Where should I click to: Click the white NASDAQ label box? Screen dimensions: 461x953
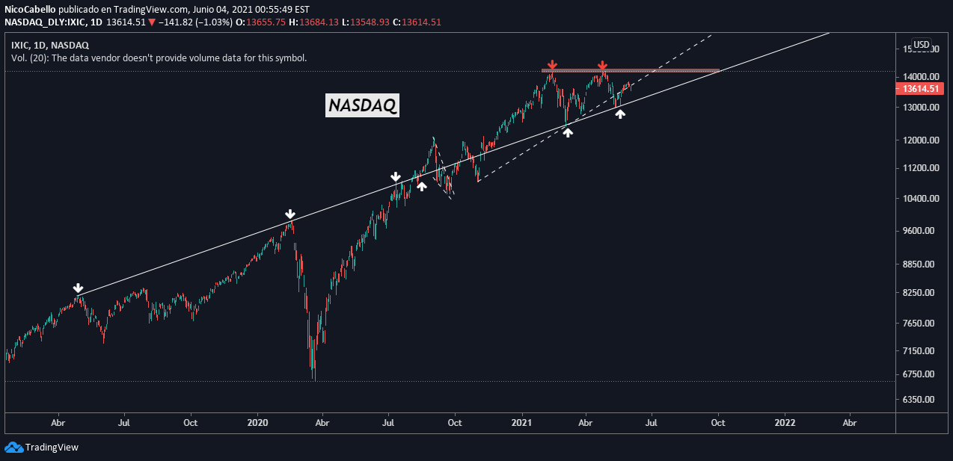[363, 106]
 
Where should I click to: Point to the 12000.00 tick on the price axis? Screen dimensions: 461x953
[919, 140]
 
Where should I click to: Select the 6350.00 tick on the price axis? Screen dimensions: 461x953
[919, 400]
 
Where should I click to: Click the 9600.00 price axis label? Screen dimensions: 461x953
[919, 231]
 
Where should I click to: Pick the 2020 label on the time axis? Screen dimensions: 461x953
[257, 422]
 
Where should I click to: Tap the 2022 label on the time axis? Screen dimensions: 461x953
[785, 422]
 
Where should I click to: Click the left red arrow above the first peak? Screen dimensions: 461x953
[551, 65]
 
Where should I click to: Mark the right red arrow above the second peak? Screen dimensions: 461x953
[602, 66]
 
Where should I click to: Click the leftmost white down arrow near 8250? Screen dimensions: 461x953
[78, 288]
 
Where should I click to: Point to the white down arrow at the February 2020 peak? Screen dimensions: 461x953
[290, 214]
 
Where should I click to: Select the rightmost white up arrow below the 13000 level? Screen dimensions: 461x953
[620, 114]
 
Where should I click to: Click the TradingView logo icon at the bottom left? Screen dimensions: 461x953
[13, 447]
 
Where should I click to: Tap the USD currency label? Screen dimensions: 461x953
[922, 44]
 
